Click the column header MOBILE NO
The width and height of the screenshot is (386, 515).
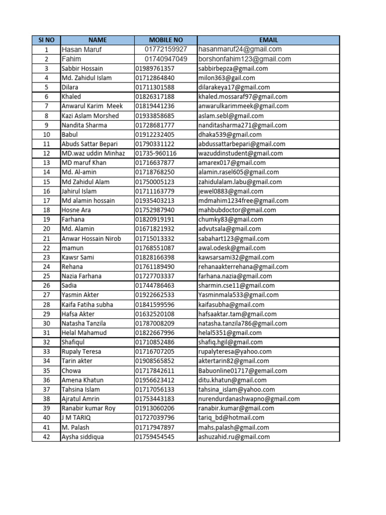[x=166, y=40]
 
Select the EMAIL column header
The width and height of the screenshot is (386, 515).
[x=268, y=40]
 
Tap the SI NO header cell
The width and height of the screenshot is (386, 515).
[x=46, y=40]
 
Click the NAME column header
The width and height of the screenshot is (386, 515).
[x=98, y=40]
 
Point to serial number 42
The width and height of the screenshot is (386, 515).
[x=46, y=437]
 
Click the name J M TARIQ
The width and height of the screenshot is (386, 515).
[x=76, y=418]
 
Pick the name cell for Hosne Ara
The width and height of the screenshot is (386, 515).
[x=77, y=210]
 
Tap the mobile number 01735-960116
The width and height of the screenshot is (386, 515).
[x=156, y=153]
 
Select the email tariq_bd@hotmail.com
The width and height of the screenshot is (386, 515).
[x=231, y=418]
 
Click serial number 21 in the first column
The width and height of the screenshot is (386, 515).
[x=46, y=238]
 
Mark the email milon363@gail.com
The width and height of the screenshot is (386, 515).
[x=227, y=78]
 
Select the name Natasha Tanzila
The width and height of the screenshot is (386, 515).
[x=84, y=323]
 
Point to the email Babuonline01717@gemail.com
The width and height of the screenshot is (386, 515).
[x=243, y=371]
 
